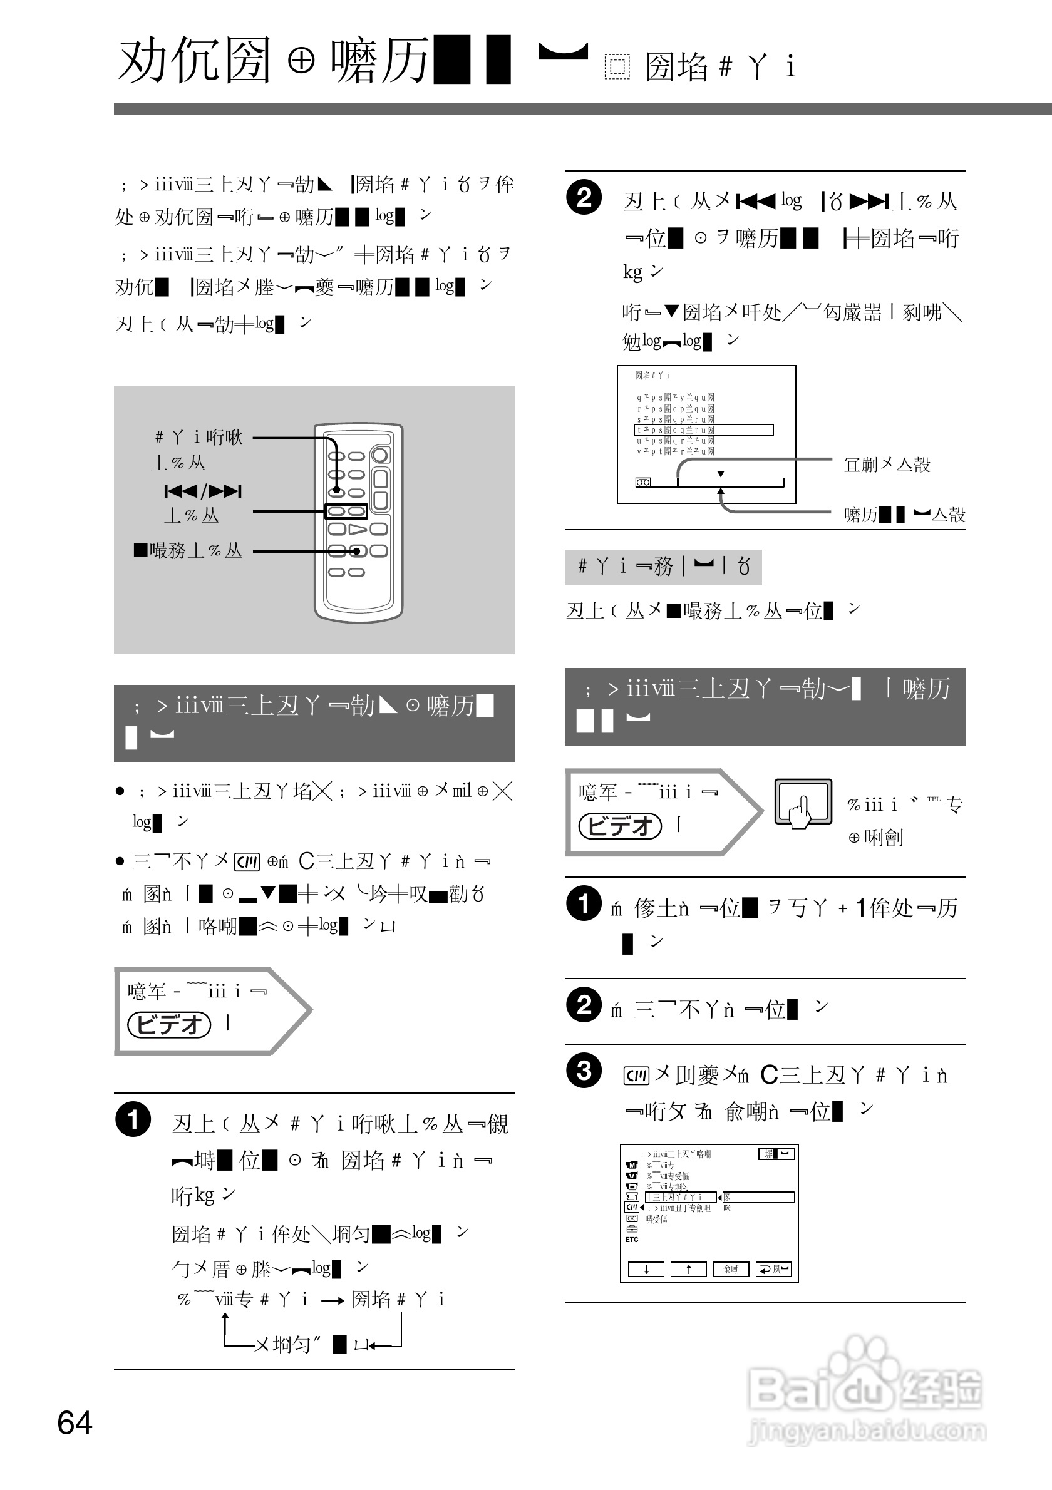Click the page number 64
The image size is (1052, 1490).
[x=75, y=1422]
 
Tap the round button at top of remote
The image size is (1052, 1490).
[x=380, y=455]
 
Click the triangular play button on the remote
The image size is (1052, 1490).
[x=358, y=529]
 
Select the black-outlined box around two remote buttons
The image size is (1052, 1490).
[x=346, y=511]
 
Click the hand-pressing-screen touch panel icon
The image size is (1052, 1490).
[x=803, y=803]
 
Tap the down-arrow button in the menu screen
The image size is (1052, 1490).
[x=646, y=1270]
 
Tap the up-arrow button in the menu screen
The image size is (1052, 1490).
[x=688, y=1270]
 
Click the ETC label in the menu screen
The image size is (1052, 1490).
[x=631, y=1240]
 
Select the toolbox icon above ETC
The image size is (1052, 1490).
[x=631, y=1228]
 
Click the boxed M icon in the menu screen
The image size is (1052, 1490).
[x=631, y=1165]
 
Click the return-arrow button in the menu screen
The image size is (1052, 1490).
[x=773, y=1270]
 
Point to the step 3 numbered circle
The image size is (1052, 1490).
[x=584, y=1070]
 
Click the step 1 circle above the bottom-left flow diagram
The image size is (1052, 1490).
[x=133, y=1119]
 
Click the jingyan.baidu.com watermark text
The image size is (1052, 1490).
[x=867, y=1431]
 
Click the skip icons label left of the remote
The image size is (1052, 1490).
[x=202, y=491]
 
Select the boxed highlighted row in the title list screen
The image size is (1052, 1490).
[x=703, y=429]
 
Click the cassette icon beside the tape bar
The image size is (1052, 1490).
[x=642, y=482]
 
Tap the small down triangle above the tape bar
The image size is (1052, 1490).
[x=720, y=474]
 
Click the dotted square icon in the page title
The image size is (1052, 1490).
[x=617, y=68]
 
